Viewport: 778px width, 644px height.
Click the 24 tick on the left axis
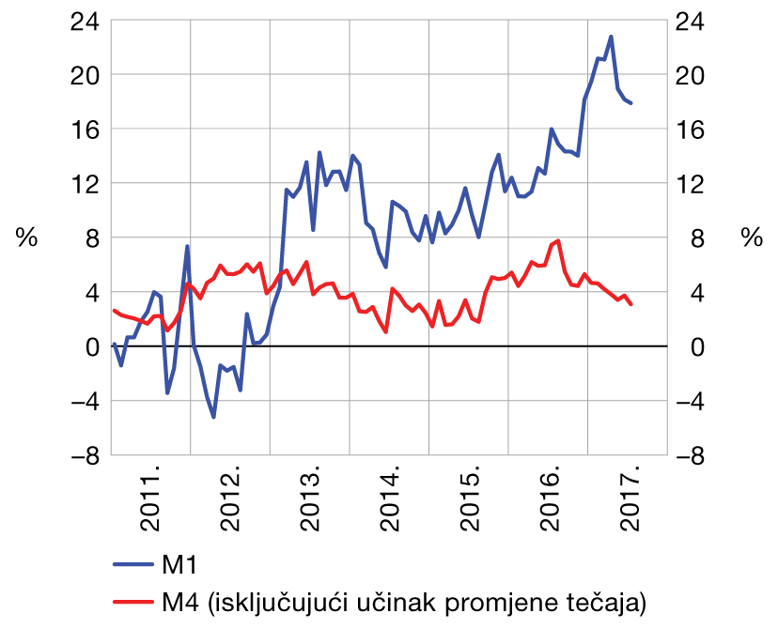(x=85, y=20)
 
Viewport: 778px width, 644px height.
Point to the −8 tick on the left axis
(x=85, y=456)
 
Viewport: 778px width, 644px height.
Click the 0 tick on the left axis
(x=91, y=347)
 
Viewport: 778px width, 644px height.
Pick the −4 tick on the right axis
(x=692, y=402)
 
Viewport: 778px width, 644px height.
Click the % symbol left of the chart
(x=26, y=238)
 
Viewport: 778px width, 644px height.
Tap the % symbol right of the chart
(x=752, y=238)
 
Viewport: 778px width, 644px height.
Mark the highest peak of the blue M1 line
(x=611, y=37)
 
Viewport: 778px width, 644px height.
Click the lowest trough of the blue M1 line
(x=213, y=417)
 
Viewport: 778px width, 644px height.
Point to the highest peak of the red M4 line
(x=558, y=241)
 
